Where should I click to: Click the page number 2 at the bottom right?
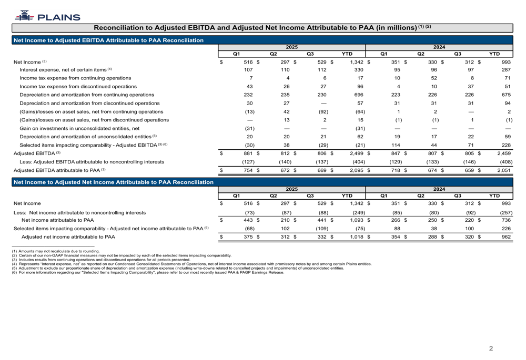coord(491,348)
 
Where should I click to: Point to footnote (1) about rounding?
coord(55,251)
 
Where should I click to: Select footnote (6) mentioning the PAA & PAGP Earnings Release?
coord(147,272)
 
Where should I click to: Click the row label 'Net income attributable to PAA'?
coord(57,220)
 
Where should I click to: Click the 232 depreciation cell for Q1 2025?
coord(249,95)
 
